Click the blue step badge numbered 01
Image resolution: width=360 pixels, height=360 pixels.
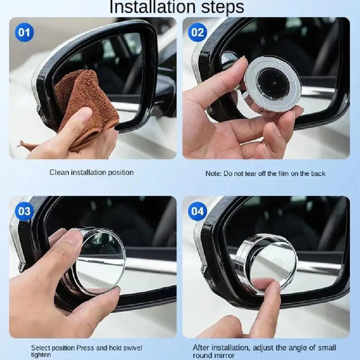pos(24,33)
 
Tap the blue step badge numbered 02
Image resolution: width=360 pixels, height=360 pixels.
pos(197,33)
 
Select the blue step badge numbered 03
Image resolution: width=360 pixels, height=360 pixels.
pos(24,211)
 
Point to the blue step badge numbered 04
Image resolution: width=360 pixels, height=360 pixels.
pos(197,211)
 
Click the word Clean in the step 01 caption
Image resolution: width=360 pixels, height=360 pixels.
pos(58,172)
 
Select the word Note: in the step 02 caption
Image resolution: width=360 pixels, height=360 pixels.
pos(213,174)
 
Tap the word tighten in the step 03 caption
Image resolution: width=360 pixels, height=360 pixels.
pos(41,355)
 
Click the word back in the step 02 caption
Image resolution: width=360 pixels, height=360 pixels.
pos(318,174)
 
